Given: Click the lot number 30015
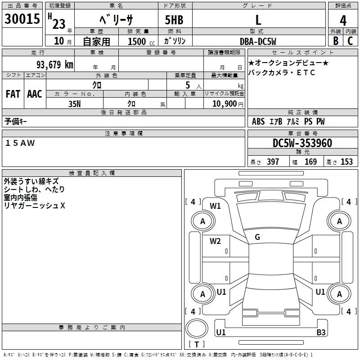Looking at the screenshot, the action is coord(22,20).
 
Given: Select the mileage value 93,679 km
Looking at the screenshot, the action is coord(54,64).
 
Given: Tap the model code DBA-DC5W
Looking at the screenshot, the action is coord(257,41).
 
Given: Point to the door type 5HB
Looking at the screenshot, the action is coord(175,21).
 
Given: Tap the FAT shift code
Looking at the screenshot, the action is coord(13,94).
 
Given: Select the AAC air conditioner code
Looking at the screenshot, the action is coord(35,94).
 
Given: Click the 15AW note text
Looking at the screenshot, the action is coord(20,143).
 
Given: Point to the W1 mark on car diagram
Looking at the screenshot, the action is coord(215,207).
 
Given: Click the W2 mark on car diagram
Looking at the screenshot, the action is coord(215,241).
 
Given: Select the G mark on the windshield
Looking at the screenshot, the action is coord(257,237).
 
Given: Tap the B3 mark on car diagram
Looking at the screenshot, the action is coord(320,333).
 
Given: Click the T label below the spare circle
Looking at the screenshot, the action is coord(196,345).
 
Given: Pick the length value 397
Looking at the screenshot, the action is coord(273,162).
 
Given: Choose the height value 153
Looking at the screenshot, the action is coord(346,162).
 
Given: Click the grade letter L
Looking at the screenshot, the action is coord(258,20).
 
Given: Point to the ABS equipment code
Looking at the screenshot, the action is coord(258,121).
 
